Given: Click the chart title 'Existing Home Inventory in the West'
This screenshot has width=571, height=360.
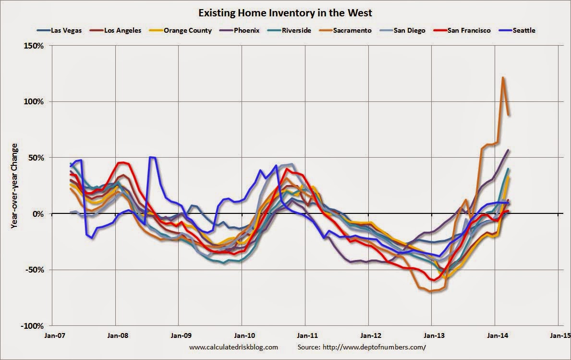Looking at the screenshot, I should (285, 11).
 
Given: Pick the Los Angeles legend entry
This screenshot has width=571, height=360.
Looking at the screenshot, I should (120, 30).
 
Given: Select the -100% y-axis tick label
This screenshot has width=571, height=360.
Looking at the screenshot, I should (32, 325).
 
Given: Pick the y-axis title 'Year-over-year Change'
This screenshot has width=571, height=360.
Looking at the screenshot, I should (14, 185).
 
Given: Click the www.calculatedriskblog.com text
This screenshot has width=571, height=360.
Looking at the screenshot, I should (233, 347).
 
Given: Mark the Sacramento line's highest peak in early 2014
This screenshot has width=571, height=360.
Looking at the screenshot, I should (502, 77).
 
